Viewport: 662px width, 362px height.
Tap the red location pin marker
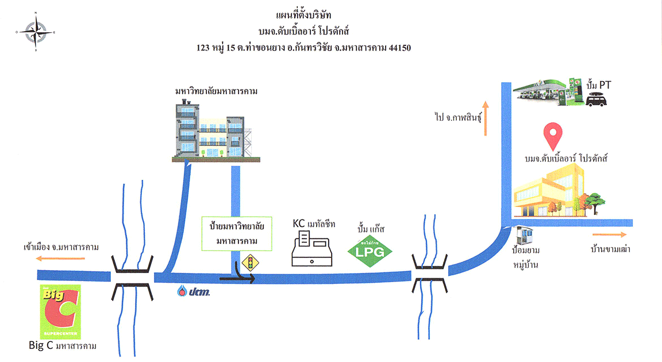553,136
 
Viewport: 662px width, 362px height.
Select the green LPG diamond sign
371,251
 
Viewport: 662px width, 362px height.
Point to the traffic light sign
250,264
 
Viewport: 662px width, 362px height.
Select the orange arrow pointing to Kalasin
485,118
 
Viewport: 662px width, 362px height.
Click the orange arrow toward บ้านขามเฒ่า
610,234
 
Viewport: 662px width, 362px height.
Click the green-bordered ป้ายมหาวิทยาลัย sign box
237,234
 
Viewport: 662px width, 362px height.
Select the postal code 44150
399,49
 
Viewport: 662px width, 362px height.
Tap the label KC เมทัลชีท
314,224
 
